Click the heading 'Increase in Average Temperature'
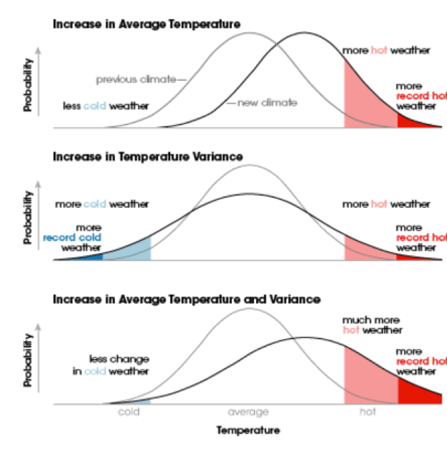tap(146, 25)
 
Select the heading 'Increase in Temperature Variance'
tap(147, 157)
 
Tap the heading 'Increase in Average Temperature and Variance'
tap(186, 299)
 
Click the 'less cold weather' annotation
tap(106, 106)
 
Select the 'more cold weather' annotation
tap(101, 204)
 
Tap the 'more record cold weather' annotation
tap(74, 238)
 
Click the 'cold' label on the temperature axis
tap(128, 412)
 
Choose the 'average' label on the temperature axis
tap(248, 412)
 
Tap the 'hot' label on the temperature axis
tap(368, 412)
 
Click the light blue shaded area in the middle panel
tap(132, 250)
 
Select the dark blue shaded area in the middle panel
tap(87, 256)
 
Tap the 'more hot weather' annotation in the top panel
tap(386, 50)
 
